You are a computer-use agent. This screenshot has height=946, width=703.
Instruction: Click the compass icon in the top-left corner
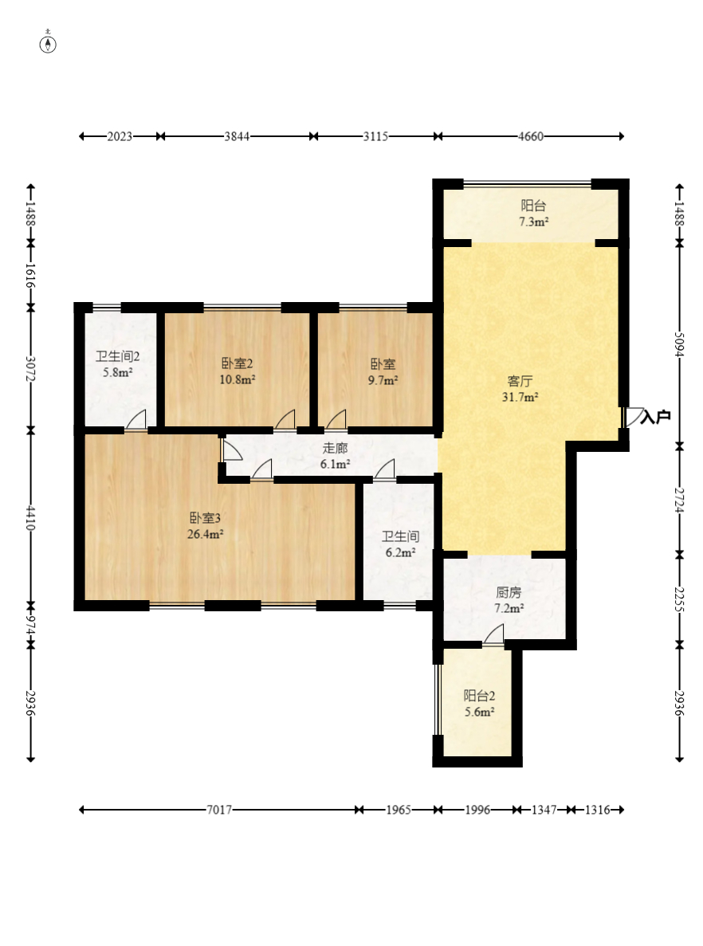click(48, 44)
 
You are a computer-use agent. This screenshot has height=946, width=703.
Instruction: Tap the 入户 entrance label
click(655, 417)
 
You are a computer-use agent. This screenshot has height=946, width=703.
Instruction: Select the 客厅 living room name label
click(520, 381)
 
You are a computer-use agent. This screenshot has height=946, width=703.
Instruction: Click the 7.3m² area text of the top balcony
click(533, 222)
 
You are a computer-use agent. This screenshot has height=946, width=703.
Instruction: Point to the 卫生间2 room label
click(118, 356)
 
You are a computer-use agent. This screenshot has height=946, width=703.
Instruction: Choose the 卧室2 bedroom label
click(237, 363)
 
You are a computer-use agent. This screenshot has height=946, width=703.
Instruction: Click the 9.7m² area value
click(383, 381)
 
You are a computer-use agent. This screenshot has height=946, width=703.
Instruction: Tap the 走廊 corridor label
click(335, 448)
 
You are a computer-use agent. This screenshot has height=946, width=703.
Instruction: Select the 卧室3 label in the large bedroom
click(205, 518)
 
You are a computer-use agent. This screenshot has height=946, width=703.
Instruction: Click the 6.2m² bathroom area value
click(400, 552)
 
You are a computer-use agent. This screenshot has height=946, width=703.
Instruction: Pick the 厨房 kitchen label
click(509, 592)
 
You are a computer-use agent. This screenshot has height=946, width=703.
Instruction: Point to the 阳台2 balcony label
click(479, 696)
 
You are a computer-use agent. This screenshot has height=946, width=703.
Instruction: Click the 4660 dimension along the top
click(530, 136)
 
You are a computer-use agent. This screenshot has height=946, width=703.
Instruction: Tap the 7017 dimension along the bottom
click(219, 810)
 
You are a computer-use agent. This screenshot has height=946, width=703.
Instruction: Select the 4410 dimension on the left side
click(31, 518)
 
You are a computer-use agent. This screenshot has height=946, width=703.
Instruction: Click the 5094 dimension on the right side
click(679, 343)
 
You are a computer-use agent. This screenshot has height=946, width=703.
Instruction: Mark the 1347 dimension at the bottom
click(544, 810)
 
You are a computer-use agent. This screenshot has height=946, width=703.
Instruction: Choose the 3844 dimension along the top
click(237, 136)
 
